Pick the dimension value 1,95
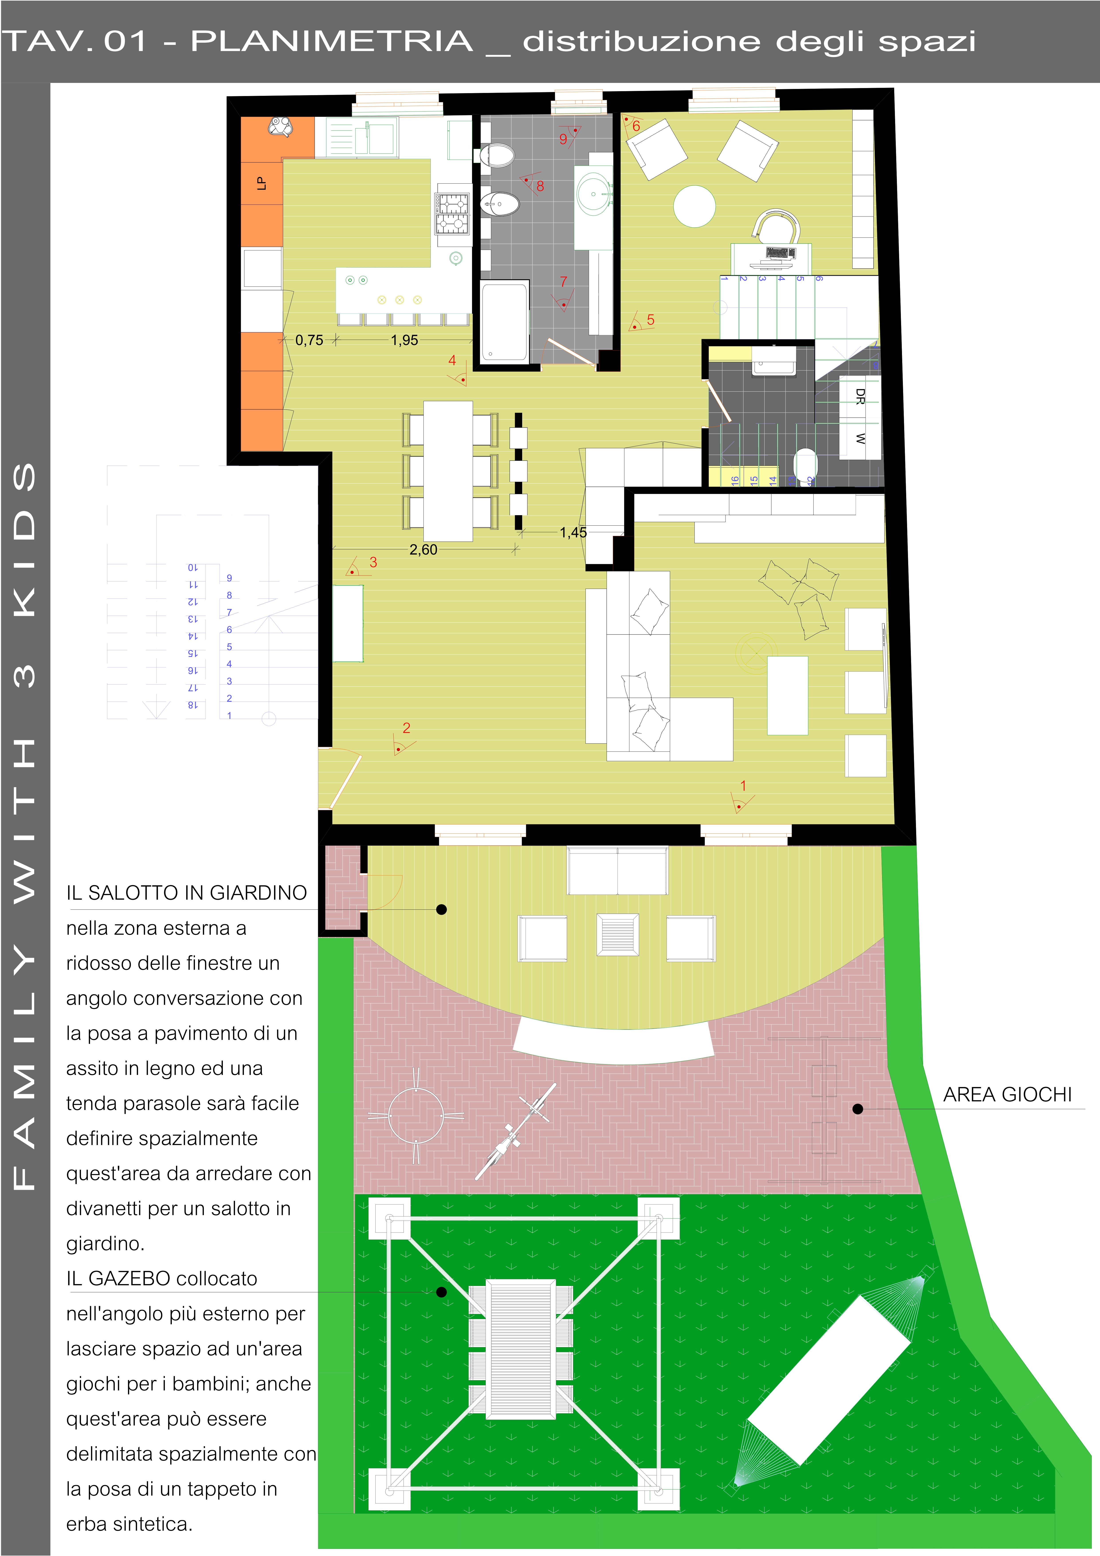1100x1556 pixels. (x=405, y=340)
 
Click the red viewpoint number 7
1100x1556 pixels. (x=563, y=281)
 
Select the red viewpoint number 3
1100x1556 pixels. (x=373, y=562)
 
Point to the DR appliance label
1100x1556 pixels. (x=860, y=397)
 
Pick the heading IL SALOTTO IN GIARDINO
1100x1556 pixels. (x=186, y=892)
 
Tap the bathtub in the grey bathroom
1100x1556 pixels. (x=504, y=322)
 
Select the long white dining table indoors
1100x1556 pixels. (x=448, y=471)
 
